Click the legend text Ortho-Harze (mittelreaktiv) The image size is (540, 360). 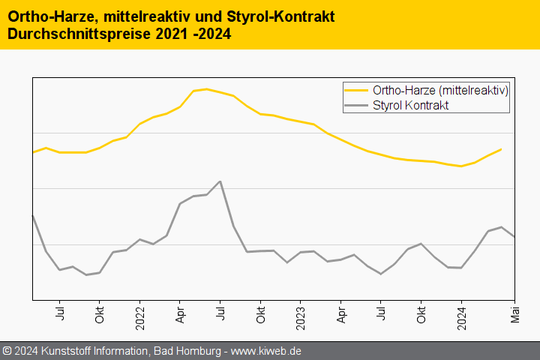[441, 90]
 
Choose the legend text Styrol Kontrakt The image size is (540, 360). [410, 106]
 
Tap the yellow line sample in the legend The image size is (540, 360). [356, 90]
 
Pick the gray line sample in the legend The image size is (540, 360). [356, 106]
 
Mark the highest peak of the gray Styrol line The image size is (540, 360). [220, 181]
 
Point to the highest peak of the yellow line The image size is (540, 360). [206, 89]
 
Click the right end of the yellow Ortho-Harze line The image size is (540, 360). [501, 149]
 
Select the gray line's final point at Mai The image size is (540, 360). [514, 237]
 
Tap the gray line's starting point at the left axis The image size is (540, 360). [33, 216]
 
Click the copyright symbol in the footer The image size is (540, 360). [7, 351]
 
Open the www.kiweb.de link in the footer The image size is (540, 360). [268, 351]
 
